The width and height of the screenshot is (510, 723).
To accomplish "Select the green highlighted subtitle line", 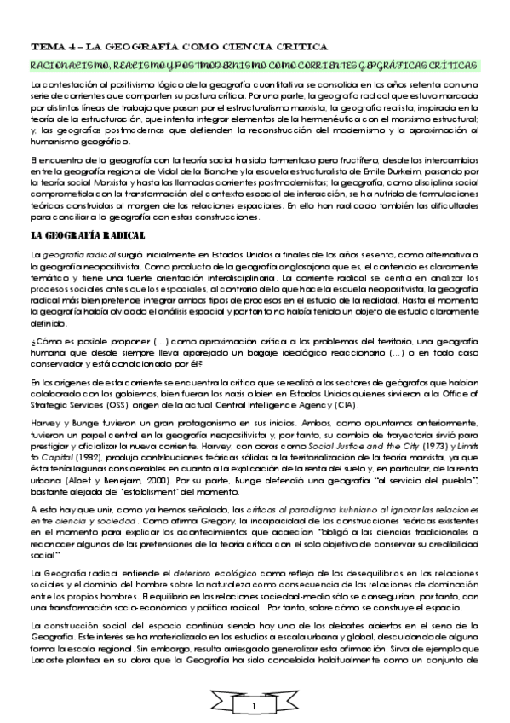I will [253, 66].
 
